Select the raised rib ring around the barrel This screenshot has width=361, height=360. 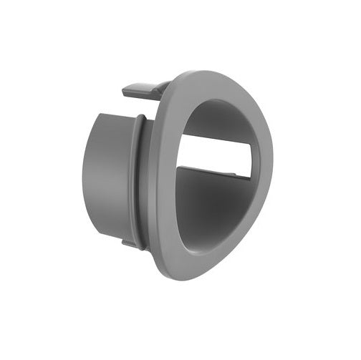coord(138,179)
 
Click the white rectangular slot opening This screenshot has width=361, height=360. coord(215,154)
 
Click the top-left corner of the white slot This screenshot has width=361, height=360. coord(180,135)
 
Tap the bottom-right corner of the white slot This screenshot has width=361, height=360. coord(251,177)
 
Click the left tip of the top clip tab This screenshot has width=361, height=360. coord(124,91)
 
